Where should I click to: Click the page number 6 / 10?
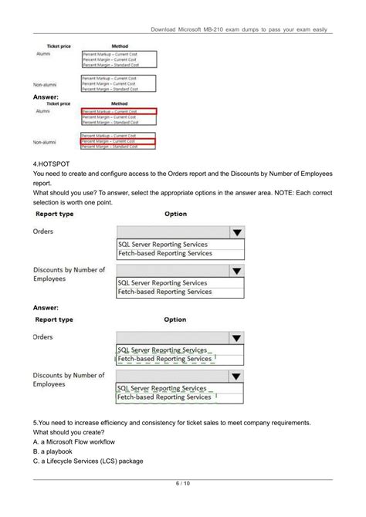[x=183, y=484]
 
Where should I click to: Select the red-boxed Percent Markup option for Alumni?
[x=117, y=111]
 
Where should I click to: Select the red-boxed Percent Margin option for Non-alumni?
[x=117, y=141]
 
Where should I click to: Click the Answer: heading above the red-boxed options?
[x=47, y=97]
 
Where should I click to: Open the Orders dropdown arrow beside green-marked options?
[x=236, y=338]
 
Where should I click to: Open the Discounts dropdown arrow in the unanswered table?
[x=236, y=271]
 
